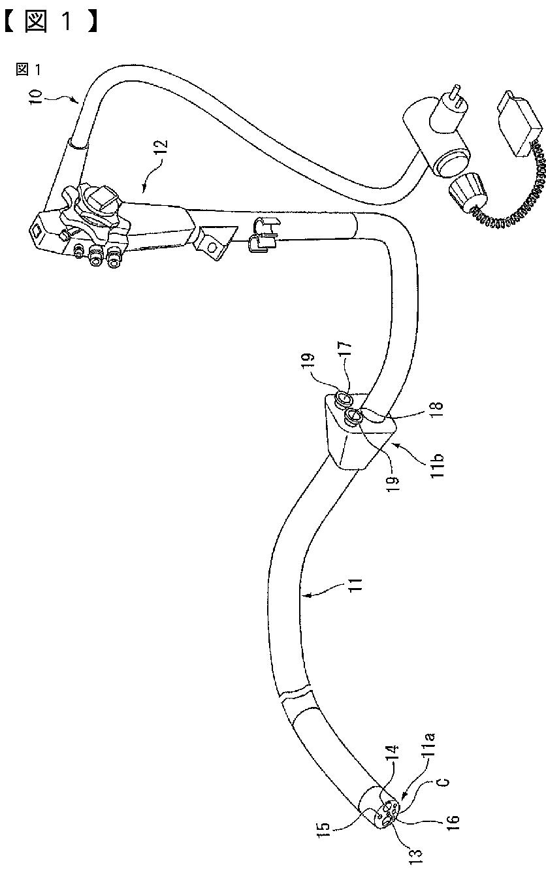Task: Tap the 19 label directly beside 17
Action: point(311,362)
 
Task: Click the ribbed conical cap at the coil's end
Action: point(466,193)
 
